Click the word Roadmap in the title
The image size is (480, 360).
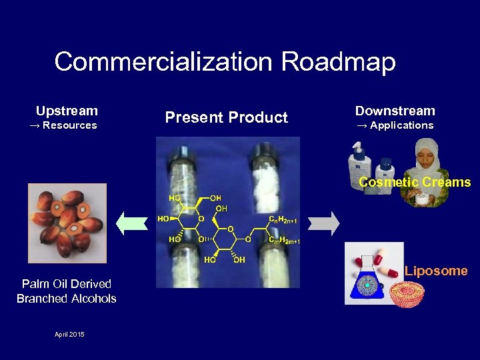point(339,62)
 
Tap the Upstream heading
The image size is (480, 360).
point(67,111)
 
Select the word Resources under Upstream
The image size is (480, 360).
point(69,125)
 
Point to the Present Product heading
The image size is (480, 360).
point(227,118)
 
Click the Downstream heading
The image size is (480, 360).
point(395,111)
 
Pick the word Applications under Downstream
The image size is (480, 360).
point(401,125)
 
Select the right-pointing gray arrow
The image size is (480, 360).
point(325,222)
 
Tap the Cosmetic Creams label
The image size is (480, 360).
point(415,182)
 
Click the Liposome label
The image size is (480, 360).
point(436,271)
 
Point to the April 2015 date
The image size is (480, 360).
point(69,334)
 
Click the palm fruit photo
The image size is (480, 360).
point(67,223)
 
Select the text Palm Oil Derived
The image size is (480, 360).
point(67,285)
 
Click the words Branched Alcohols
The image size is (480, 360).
point(67,299)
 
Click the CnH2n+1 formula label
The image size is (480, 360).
point(283,220)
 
